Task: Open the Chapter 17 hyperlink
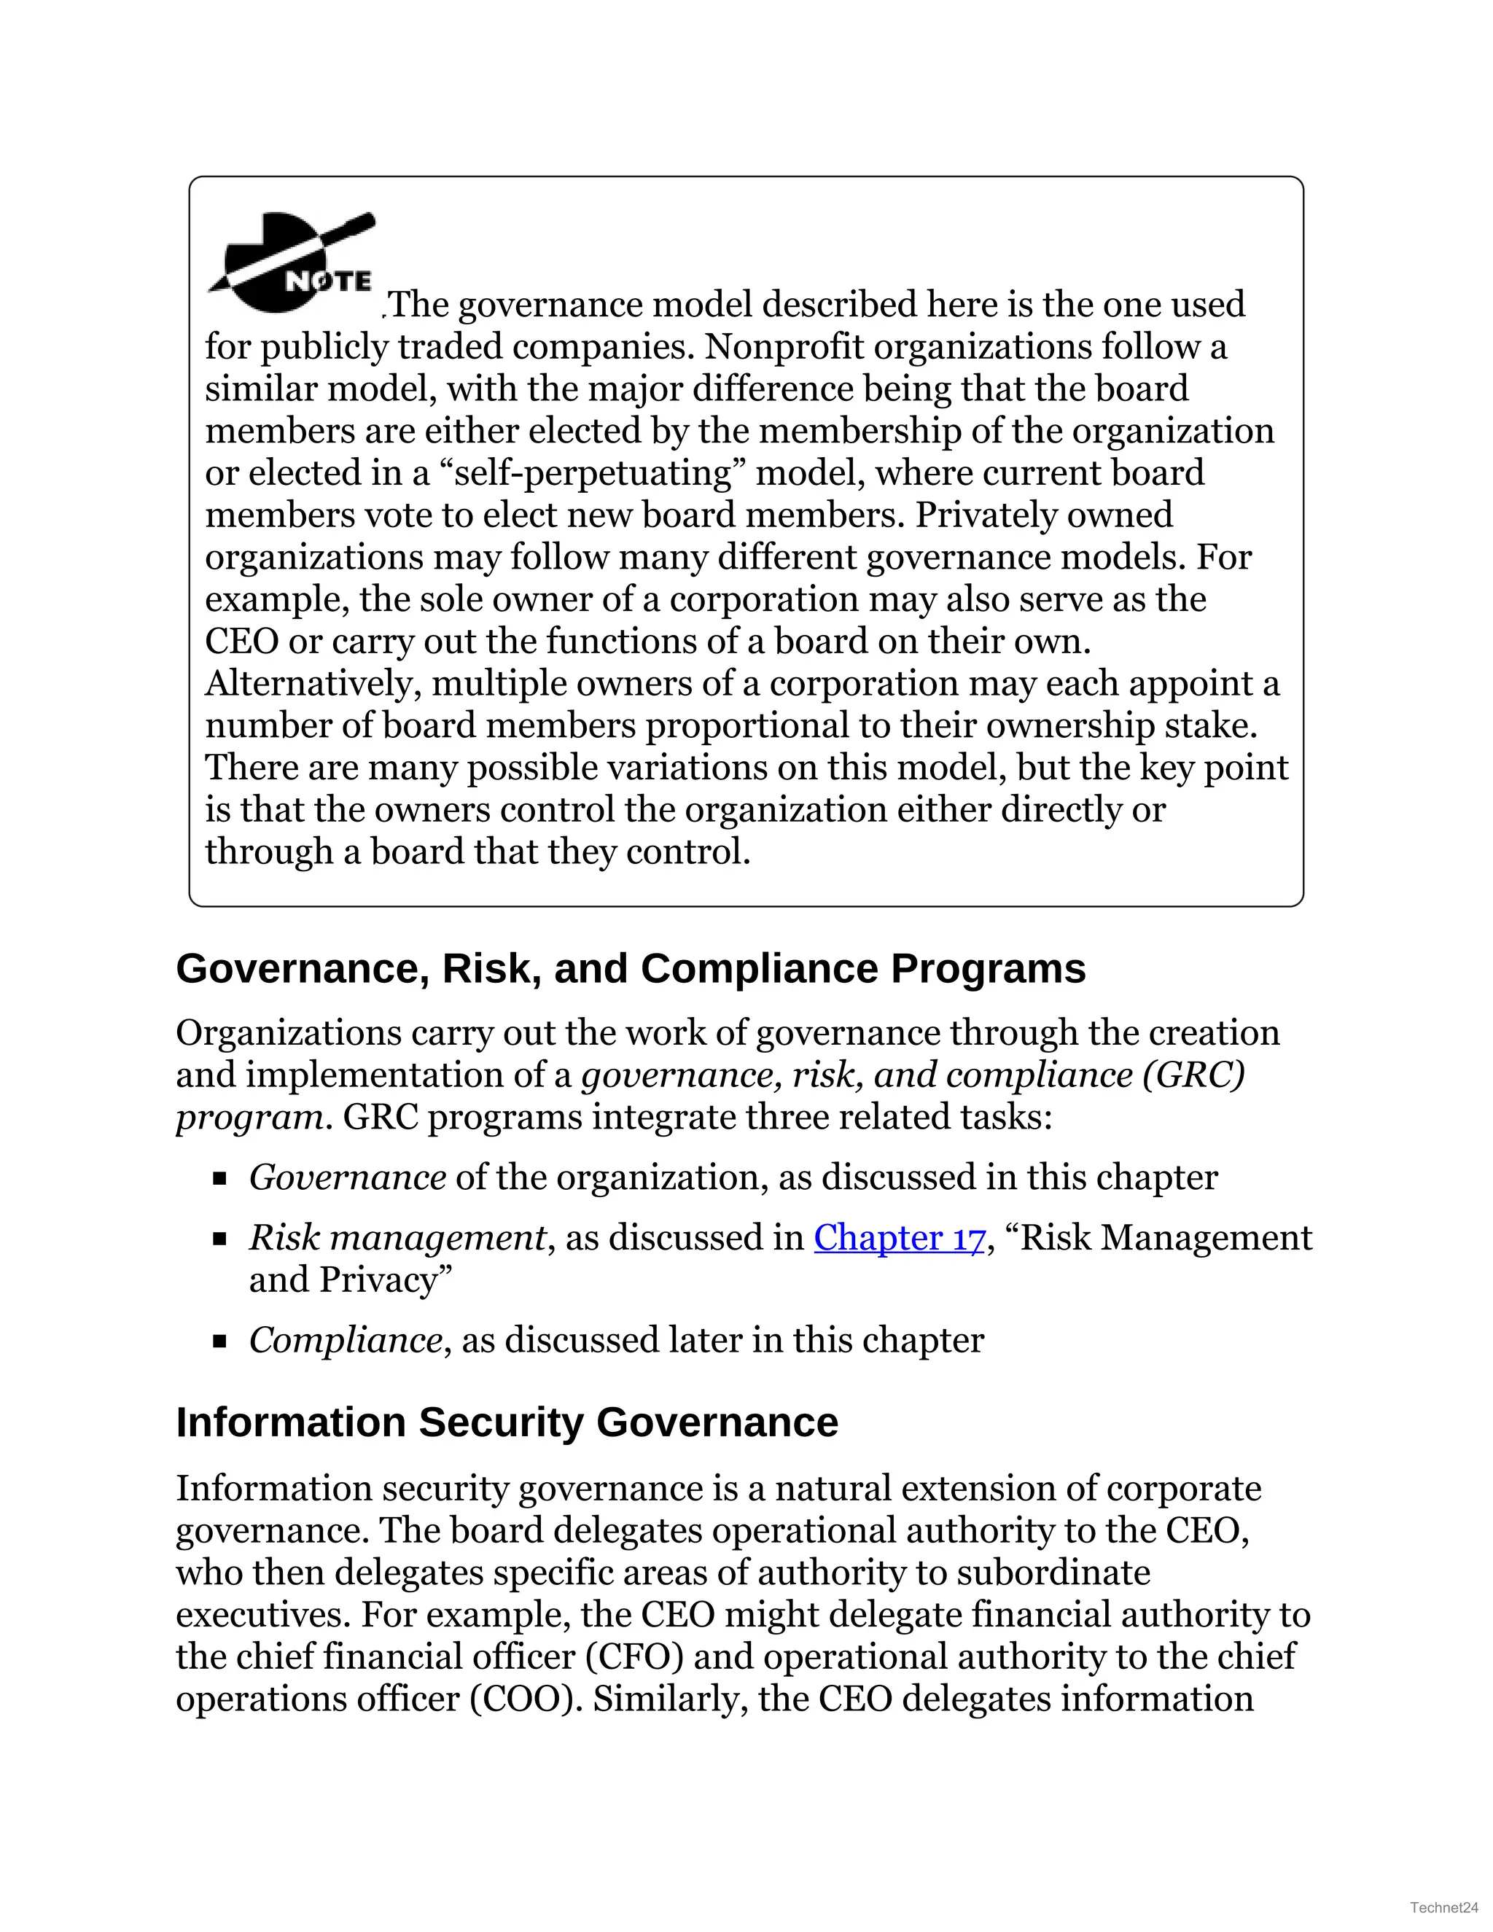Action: [899, 1238]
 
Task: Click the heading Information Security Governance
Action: [507, 1423]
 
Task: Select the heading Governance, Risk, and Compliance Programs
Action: [631, 969]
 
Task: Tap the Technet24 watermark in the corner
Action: [1443, 1907]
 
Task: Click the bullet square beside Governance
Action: [220, 1178]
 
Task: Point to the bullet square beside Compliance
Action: [220, 1341]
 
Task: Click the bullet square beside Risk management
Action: [220, 1239]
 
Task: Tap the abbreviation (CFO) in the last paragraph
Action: [634, 1657]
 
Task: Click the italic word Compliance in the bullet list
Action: [345, 1340]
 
